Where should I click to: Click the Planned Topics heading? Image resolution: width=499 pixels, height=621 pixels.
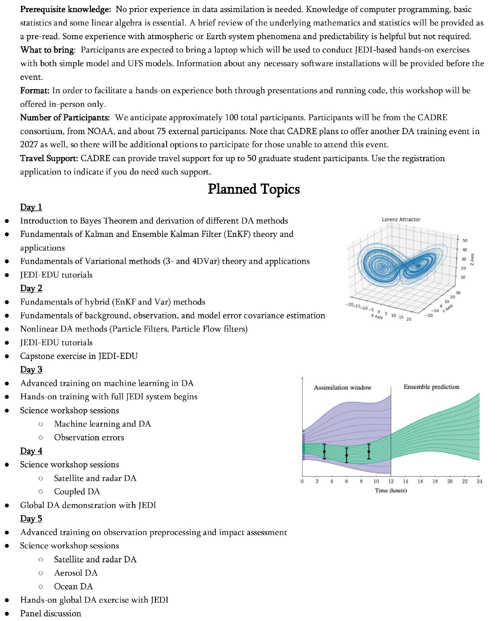pos(254,189)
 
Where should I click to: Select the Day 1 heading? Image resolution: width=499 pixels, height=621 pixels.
pos(31,207)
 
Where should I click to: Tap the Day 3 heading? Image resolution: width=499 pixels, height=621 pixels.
pos(31,369)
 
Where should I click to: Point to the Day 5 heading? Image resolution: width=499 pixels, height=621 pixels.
pos(31,519)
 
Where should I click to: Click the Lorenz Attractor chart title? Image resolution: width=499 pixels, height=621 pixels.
pos(401,220)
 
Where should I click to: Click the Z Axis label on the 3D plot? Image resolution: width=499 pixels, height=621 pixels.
pos(472,260)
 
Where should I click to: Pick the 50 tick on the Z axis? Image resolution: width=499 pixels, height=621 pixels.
pos(465,241)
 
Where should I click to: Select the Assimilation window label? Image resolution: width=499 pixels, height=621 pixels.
pos(342,388)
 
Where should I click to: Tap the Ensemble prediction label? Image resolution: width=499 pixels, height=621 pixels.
pos(431,387)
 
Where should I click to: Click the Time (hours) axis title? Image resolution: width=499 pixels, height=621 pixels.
pos(391,491)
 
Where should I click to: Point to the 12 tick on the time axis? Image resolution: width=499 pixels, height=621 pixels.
pos(391,482)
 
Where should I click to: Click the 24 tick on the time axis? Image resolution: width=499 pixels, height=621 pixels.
pos(479,482)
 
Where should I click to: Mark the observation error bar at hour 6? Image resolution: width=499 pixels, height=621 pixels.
pos(347,455)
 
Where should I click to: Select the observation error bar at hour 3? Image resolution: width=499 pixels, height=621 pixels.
pos(324,451)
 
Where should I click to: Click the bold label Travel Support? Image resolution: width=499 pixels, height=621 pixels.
pos(49,158)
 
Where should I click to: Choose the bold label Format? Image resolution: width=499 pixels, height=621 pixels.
pos(35,91)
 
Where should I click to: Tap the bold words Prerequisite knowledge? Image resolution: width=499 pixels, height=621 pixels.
pos(65,9)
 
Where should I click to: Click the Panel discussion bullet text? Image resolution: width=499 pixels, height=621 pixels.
pos(51,613)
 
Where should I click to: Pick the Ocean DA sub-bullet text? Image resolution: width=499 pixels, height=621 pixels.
pos(74,586)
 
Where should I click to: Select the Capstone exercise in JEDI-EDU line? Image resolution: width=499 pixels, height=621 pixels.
pos(79,356)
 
